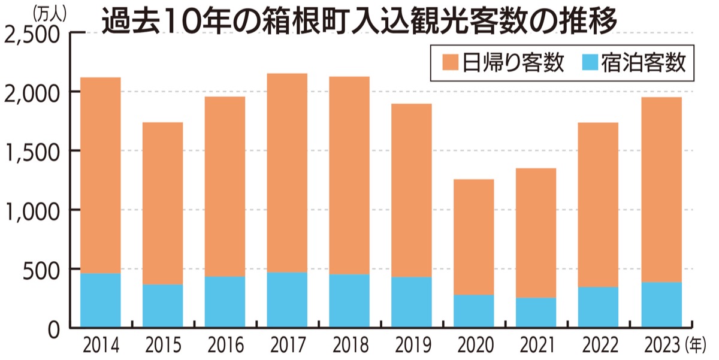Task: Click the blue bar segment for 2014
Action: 100,300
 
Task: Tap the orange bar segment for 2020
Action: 473,237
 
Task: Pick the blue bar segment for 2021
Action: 536,313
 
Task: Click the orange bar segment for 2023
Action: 661,189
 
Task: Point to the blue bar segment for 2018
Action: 349,301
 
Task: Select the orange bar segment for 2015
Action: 162,203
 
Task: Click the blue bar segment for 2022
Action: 598,307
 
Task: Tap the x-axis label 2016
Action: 225,346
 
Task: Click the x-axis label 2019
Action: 411,346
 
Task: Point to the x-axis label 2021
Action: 536,346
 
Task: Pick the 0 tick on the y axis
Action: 53,329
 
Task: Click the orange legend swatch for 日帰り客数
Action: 450,62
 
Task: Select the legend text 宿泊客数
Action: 643,62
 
